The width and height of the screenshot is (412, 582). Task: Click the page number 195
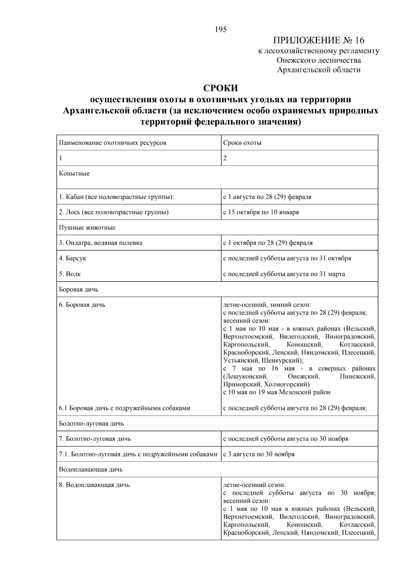[x=221, y=29]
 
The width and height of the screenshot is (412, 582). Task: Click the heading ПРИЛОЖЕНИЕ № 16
[x=318, y=40]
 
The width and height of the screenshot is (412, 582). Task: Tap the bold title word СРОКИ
[x=220, y=88]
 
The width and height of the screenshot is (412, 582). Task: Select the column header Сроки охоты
[x=242, y=143]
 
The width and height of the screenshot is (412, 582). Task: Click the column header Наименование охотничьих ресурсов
[x=113, y=143]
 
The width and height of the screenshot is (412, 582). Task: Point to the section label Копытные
[x=74, y=174]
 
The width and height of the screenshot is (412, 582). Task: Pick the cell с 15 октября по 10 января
[x=261, y=212]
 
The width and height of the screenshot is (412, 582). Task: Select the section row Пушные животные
[x=87, y=228]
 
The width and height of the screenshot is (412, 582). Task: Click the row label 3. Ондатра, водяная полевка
[x=101, y=243]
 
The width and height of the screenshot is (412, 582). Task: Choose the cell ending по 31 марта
[x=284, y=274]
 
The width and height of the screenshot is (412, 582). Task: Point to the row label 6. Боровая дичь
[x=82, y=305]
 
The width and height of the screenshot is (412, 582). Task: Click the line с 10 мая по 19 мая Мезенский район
[x=277, y=392]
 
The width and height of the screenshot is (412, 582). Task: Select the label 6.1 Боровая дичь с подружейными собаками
[x=124, y=408]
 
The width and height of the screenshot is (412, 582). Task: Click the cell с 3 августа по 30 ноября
[x=259, y=454]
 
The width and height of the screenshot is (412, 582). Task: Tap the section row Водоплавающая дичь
[x=91, y=470]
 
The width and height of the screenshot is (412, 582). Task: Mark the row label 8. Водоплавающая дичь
[x=94, y=485]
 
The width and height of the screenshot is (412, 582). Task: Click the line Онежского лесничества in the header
[x=319, y=60]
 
